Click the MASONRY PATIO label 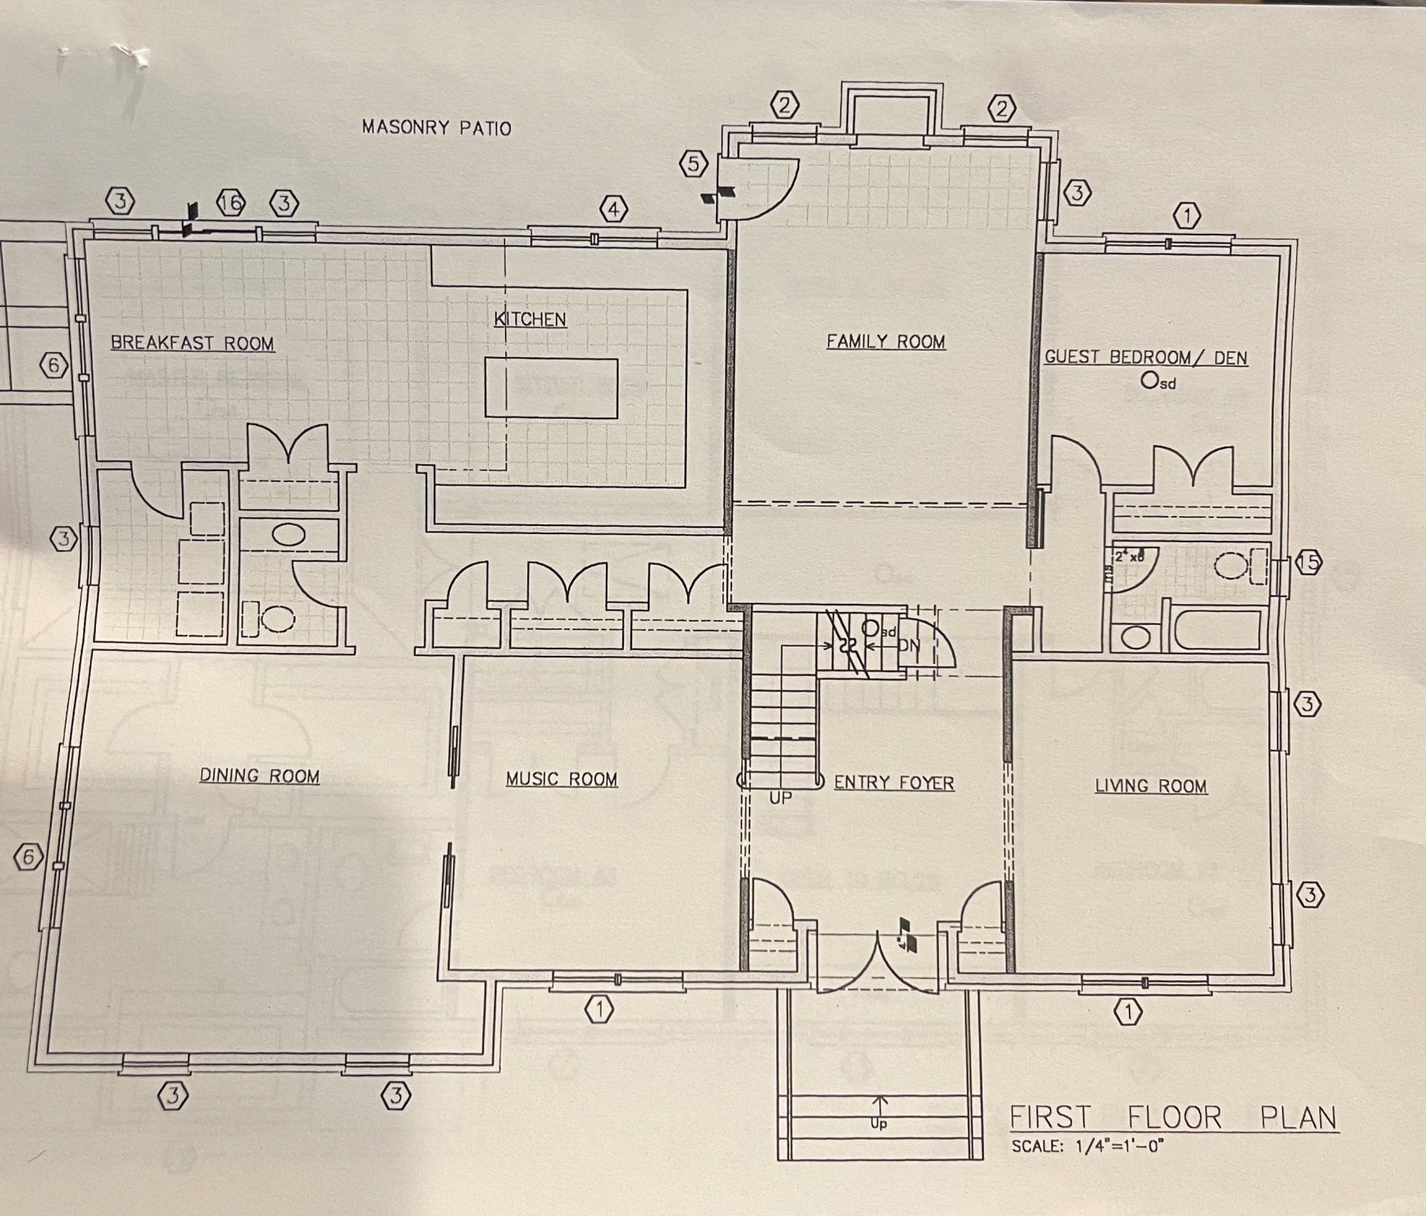(436, 128)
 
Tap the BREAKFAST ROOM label (192, 343)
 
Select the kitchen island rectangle (551, 388)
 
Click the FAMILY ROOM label (886, 341)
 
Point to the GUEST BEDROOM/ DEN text (1146, 357)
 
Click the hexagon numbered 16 (231, 203)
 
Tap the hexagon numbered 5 (694, 163)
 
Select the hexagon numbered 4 (613, 210)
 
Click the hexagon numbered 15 (1309, 563)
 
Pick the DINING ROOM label (259, 776)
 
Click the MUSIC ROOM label (561, 778)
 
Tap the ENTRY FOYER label (893, 782)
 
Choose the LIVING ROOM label (1150, 786)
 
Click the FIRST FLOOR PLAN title (1173, 1117)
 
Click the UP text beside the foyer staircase (780, 798)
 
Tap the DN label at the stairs (908, 646)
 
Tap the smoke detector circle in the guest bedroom (1149, 380)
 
